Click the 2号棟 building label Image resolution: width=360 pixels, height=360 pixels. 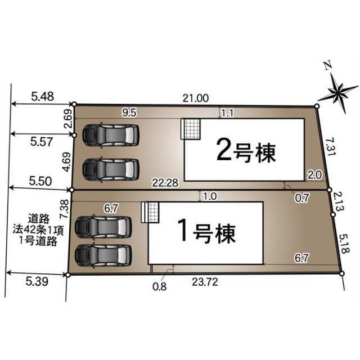pyautogui.click(x=246, y=152)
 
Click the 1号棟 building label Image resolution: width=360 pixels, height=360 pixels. pyautogui.click(x=206, y=232)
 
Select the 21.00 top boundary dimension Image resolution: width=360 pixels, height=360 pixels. pyautogui.click(x=196, y=98)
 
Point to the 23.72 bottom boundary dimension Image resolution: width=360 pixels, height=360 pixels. pyautogui.click(x=205, y=282)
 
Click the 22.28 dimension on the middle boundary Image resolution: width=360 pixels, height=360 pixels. pyautogui.click(x=165, y=183)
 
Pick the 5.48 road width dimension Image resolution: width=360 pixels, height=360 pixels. pyautogui.click(x=43, y=96)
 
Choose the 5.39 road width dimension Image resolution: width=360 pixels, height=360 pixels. pyautogui.click(x=37, y=281)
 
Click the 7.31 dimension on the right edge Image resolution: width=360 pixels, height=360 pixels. pyautogui.click(x=330, y=146)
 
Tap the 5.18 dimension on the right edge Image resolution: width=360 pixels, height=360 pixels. pyautogui.click(x=344, y=244)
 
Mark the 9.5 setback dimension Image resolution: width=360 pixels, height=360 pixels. pyautogui.click(x=129, y=112)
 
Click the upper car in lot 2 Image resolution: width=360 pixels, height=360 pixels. pyautogui.click(x=111, y=136)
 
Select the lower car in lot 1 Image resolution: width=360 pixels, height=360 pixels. pyautogui.click(x=103, y=255)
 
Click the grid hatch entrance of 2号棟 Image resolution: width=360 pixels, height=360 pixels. pyautogui.click(x=191, y=129)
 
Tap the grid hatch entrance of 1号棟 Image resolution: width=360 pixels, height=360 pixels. pyautogui.click(x=150, y=212)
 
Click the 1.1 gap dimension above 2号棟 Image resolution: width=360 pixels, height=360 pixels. pyautogui.click(x=227, y=113)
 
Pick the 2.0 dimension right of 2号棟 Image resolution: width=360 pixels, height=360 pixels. pyautogui.click(x=315, y=175)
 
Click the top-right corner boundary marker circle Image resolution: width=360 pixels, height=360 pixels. pyautogui.click(x=317, y=106)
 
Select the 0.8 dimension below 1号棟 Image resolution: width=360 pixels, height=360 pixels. pyautogui.click(x=159, y=286)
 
